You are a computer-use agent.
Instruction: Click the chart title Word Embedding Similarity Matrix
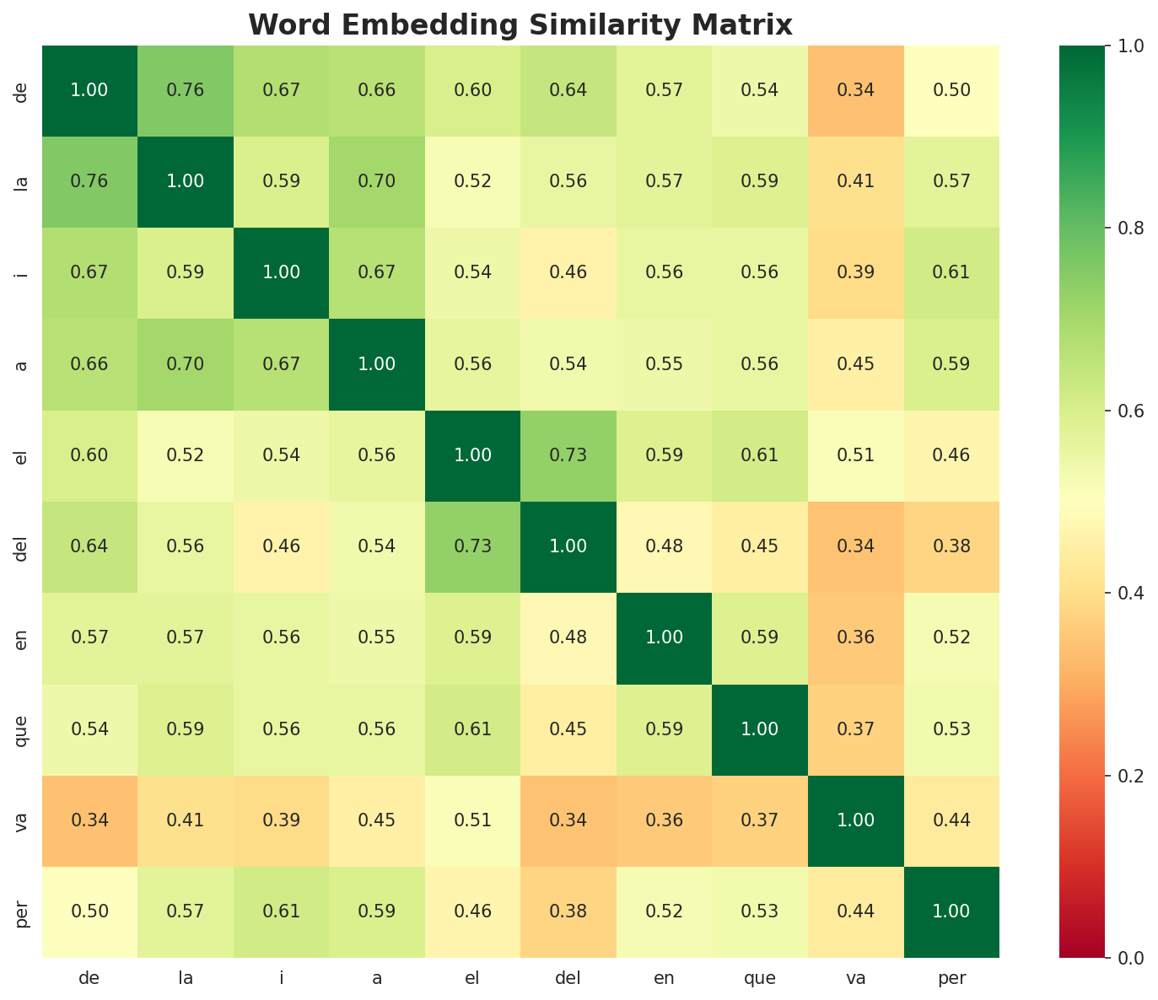(520, 25)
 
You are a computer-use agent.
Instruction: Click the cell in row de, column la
(186, 90)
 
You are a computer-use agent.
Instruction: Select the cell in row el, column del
(568, 455)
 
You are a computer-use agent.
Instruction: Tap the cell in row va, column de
(89, 820)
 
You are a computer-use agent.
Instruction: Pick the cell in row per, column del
(568, 911)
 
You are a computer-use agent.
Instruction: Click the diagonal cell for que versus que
(760, 729)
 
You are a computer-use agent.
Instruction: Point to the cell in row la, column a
(377, 181)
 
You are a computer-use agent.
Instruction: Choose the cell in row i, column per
(951, 272)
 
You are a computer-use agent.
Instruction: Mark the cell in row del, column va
(856, 546)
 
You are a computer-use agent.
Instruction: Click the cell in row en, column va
(856, 637)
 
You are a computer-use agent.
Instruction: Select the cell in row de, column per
(951, 90)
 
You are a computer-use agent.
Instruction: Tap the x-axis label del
(568, 979)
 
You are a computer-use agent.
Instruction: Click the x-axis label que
(760, 979)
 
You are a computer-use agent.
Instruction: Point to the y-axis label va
(23, 820)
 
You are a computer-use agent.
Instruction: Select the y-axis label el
(23, 455)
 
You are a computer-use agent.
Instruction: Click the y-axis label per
(23, 911)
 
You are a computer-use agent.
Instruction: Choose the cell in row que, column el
(472, 729)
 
